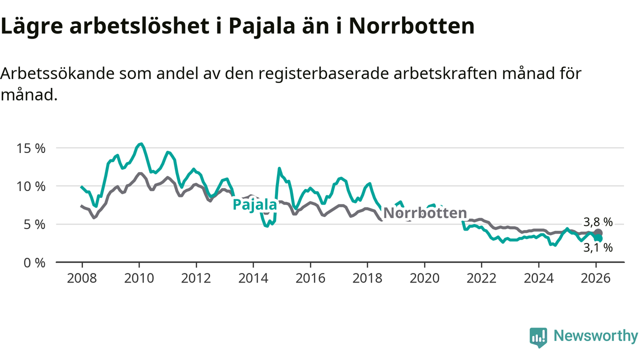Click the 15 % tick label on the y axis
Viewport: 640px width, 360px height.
(x=31, y=148)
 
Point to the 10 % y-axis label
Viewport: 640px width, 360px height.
(x=31, y=186)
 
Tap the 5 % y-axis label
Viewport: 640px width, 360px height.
(x=35, y=224)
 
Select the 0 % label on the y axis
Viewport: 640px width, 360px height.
(x=35, y=262)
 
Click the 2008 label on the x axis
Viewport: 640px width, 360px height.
(x=82, y=278)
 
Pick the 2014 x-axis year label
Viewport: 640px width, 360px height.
(x=253, y=278)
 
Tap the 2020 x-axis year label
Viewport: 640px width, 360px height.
(x=424, y=278)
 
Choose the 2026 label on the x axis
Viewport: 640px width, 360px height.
(x=595, y=278)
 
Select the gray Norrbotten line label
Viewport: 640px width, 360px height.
(x=425, y=213)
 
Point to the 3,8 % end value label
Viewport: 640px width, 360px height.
(x=598, y=222)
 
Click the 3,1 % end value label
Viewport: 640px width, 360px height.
(x=598, y=247)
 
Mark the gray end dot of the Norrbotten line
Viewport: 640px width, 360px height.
(x=598, y=233)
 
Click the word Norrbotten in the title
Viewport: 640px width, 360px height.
(x=411, y=26)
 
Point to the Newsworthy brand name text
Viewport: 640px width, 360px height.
(x=595, y=336)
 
